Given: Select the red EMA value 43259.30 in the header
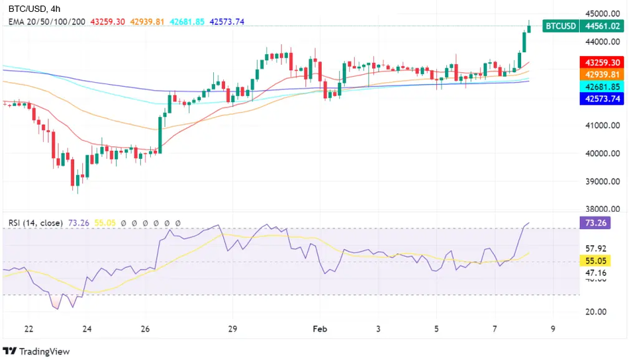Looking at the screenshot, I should tap(107, 22).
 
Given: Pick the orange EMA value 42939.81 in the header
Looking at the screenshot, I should tap(147, 22).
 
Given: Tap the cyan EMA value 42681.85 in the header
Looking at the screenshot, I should tap(187, 22).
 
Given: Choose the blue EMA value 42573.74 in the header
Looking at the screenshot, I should tap(227, 22).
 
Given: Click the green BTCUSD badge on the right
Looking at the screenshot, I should tap(559, 26).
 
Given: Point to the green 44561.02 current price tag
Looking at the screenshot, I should tap(602, 26).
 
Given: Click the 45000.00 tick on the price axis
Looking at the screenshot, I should tap(601, 13).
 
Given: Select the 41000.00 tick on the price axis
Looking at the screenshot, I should tap(601, 125).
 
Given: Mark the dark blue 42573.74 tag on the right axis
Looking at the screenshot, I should tap(602, 99).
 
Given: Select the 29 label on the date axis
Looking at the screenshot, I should tap(232, 329).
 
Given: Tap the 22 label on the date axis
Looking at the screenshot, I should tap(28, 329).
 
